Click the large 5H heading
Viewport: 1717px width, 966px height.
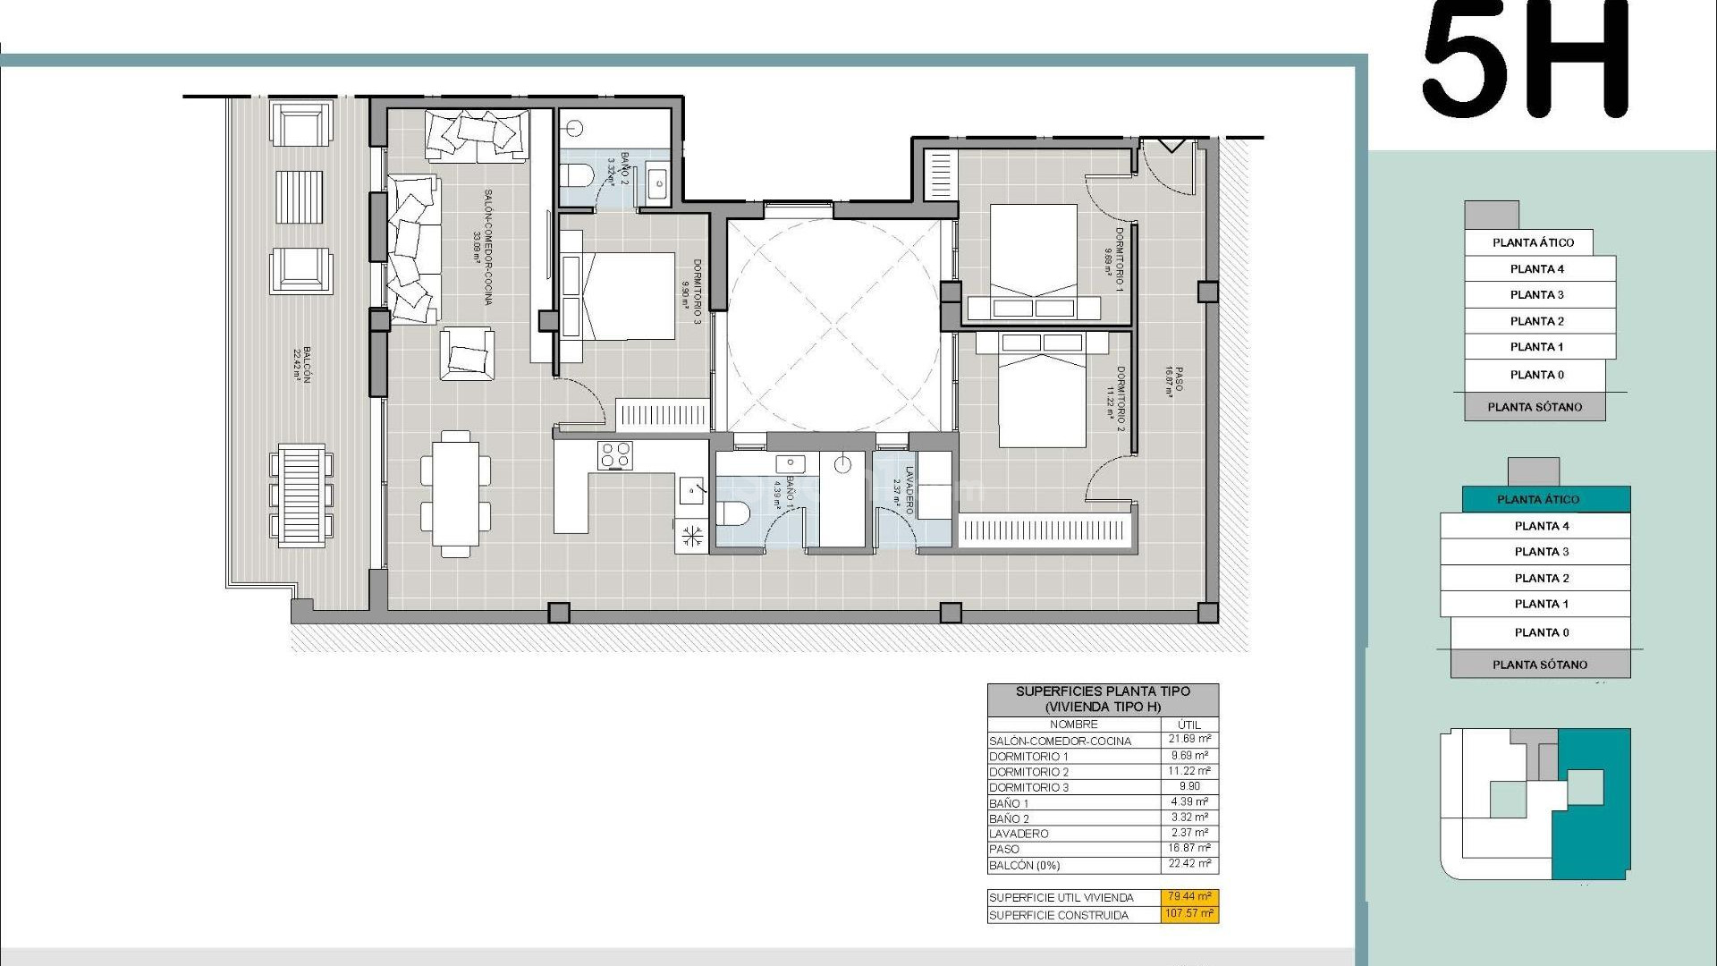[1527, 60]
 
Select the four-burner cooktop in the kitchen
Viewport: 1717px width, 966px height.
[615, 455]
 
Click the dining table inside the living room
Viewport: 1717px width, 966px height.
[456, 494]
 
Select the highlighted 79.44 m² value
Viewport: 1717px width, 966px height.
[1189, 896]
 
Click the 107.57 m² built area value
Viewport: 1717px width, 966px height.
[1189, 914]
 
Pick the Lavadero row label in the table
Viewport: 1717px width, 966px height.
[1019, 834]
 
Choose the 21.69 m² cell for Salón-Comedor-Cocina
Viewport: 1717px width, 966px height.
[1189, 740]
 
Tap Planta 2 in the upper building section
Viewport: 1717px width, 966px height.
[1536, 321]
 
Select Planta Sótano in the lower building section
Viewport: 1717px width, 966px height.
[1540, 665]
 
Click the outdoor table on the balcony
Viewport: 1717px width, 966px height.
[300, 493]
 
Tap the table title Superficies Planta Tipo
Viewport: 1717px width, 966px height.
[1103, 699]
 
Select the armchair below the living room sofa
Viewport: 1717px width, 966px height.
[467, 353]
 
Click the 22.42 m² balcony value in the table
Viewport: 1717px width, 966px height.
[1189, 864]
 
